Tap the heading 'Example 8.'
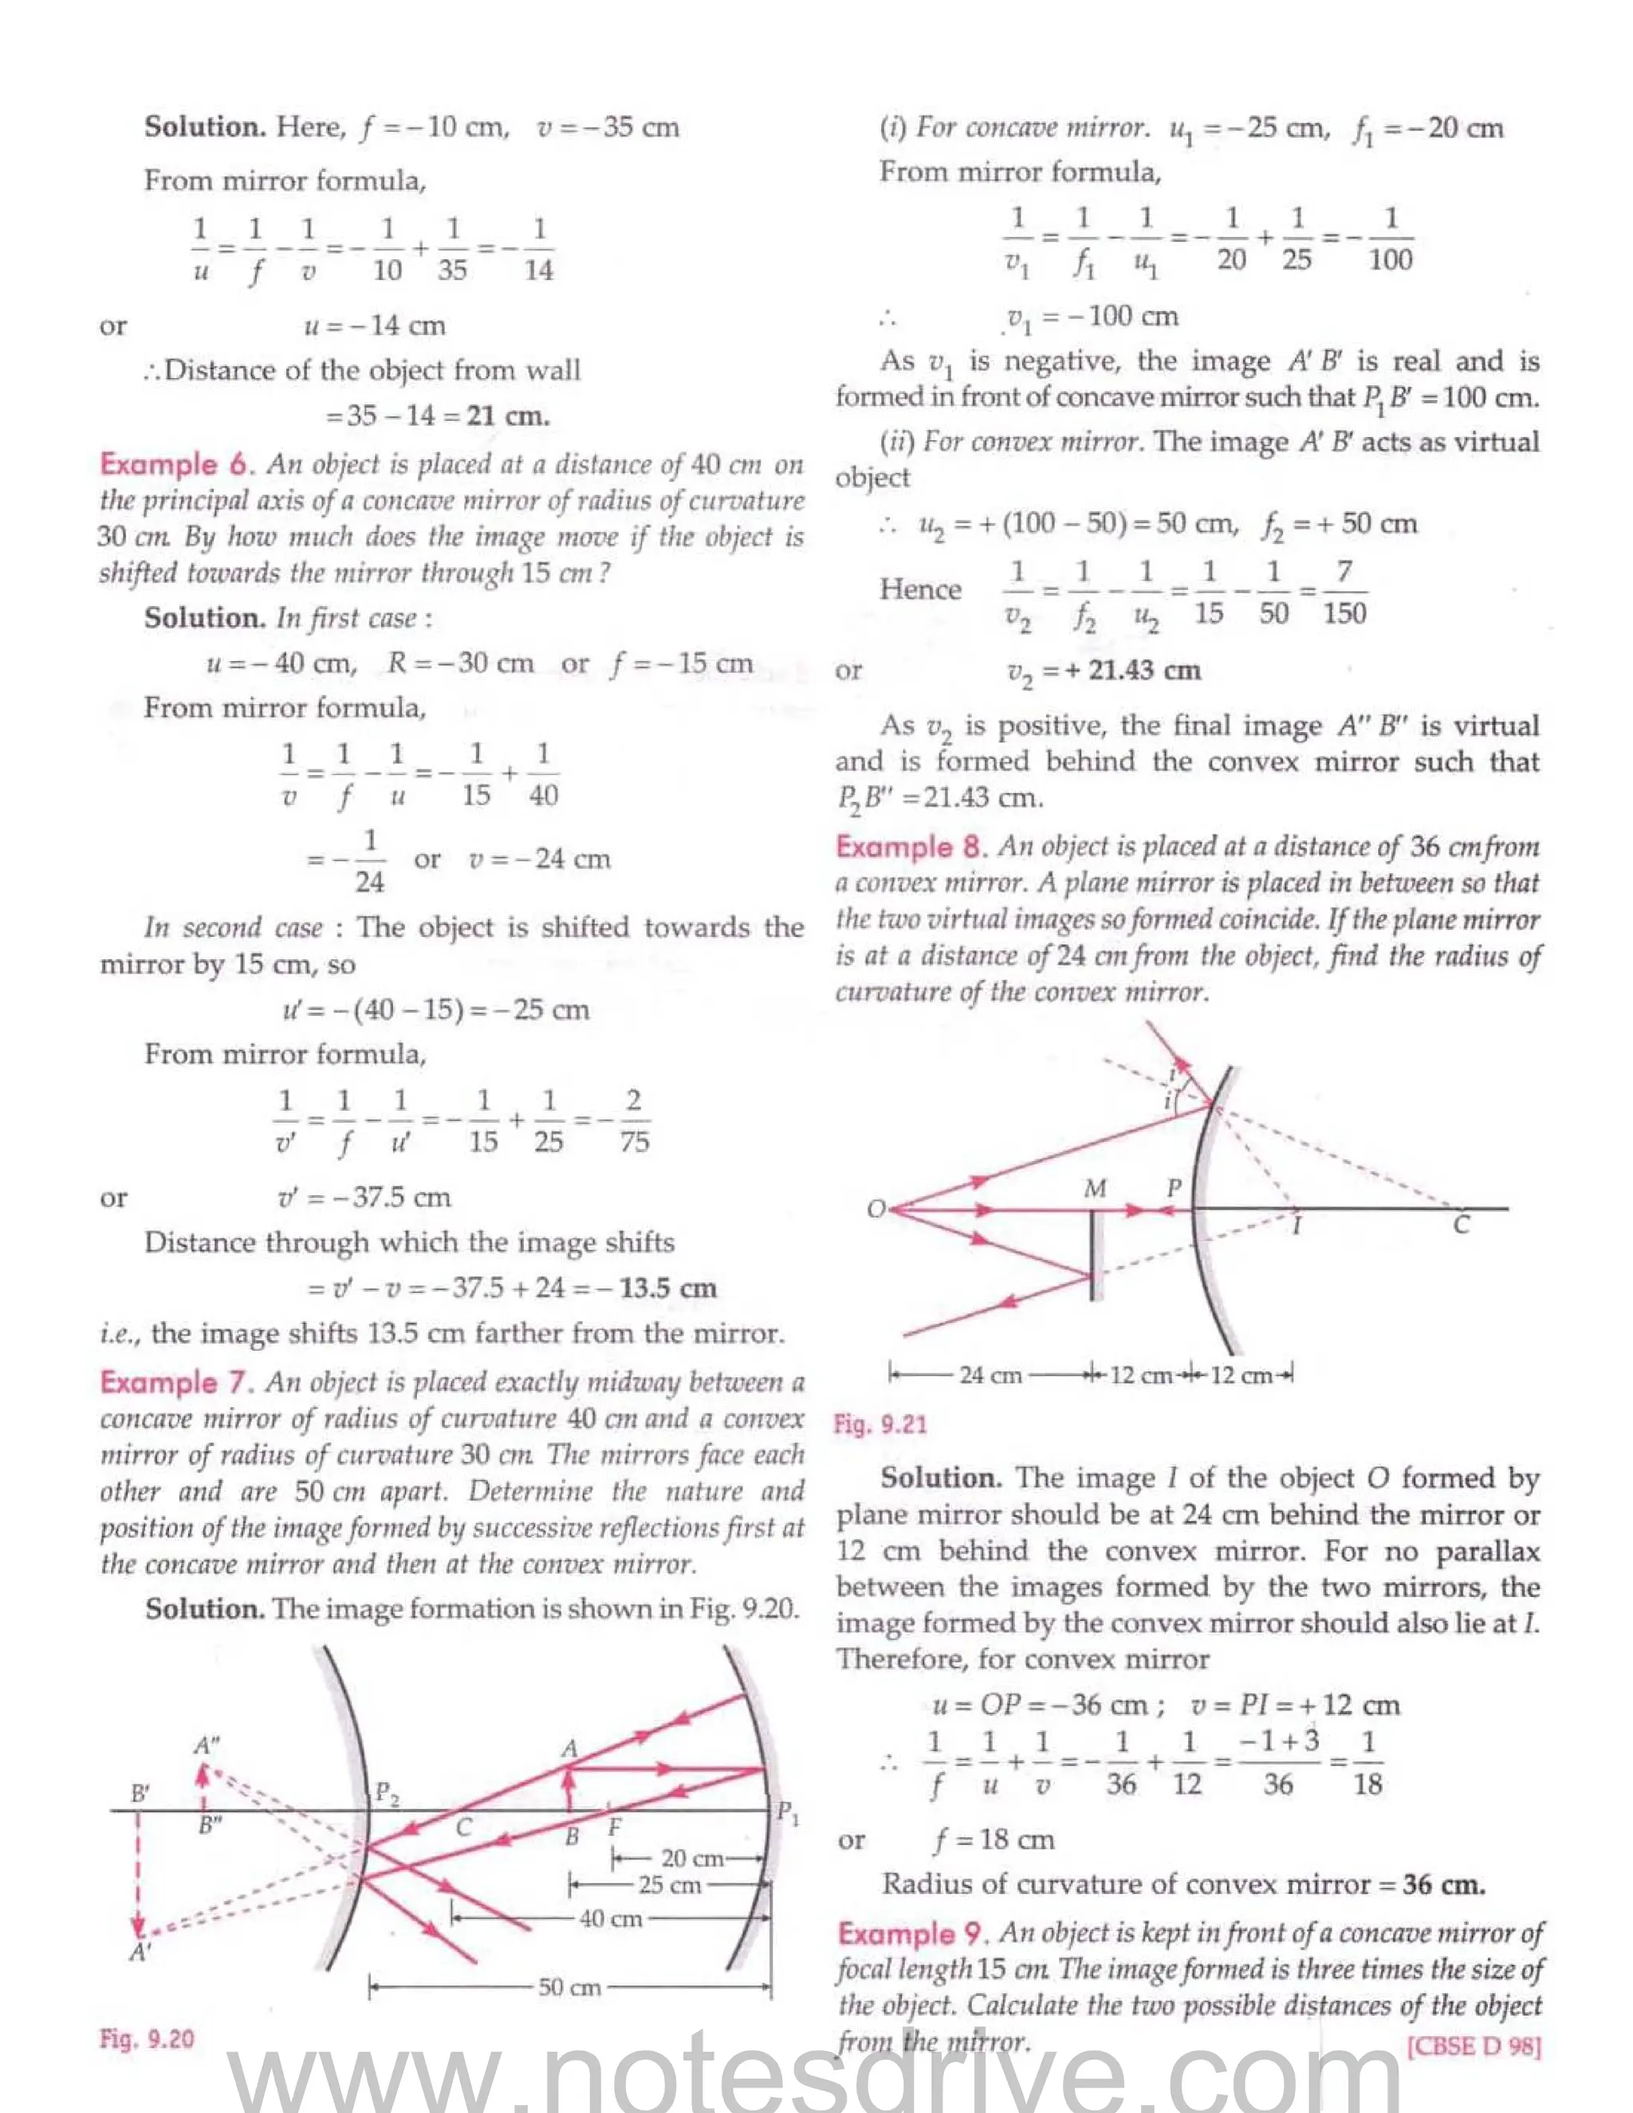point(911,847)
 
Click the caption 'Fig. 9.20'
point(147,2040)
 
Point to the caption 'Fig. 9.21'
point(880,1424)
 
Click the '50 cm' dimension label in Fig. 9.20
point(570,1987)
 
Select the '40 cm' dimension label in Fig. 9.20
point(611,1918)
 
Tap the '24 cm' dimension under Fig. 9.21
point(990,1375)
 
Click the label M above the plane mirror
point(1094,1188)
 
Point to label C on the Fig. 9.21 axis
point(1461,1226)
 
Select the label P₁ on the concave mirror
point(789,1812)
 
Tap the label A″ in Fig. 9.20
point(206,1745)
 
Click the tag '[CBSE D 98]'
point(1474,2046)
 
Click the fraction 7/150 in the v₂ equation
point(1344,592)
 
